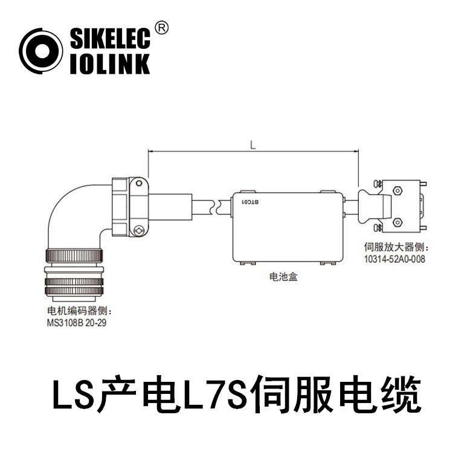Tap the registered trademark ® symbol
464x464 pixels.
pyautogui.click(x=161, y=27)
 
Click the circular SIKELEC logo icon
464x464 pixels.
pyautogui.click(x=40, y=51)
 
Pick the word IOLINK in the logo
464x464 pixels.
pyautogui.click(x=109, y=63)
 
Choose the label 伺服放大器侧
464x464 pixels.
pyautogui.click(x=393, y=248)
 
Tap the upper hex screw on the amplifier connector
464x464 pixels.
pyautogui.click(x=397, y=191)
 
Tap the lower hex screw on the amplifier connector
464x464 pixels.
pyautogui.click(x=397, y=222)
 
